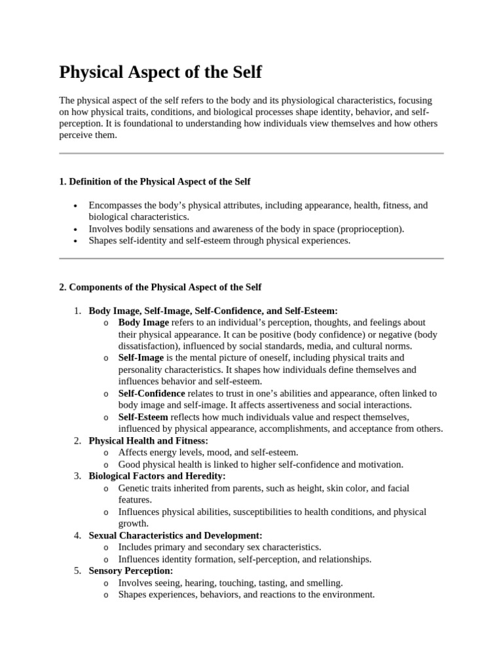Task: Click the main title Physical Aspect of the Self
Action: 160,72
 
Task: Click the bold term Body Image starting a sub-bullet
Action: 143,323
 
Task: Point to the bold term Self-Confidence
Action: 151,393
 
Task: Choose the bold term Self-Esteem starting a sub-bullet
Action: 143,417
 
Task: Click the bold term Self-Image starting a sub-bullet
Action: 141,358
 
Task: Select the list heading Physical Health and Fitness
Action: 148,441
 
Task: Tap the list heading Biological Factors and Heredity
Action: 157,476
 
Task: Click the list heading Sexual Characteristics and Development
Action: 175,535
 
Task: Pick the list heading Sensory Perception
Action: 130,571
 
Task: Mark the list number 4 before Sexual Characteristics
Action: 77,535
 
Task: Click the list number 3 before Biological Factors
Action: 77,476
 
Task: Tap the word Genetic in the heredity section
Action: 134,488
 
